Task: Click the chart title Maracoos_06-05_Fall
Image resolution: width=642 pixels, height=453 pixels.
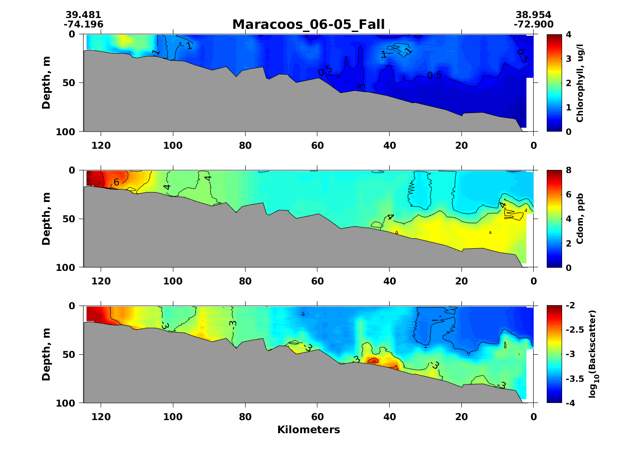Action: (308, 24)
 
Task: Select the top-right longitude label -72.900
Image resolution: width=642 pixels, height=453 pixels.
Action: (533, 24)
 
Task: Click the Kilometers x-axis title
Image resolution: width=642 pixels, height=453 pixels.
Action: (308, 430)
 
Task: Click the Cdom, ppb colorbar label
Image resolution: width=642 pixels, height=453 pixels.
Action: (580, 219)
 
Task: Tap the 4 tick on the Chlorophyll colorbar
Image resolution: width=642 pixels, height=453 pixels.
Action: (568, 34)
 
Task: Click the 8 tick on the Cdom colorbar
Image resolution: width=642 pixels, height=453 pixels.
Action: (568, 170)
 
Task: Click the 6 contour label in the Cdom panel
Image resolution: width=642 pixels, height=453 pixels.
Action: (116, 183)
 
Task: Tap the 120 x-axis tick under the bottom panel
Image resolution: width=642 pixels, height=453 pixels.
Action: (101, 417)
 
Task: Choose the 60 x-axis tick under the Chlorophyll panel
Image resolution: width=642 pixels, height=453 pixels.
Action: (317, 146)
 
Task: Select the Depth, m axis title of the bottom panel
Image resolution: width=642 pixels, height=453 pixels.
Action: (46, 354)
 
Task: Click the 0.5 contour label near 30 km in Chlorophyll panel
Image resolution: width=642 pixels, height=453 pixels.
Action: (434, 75)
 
